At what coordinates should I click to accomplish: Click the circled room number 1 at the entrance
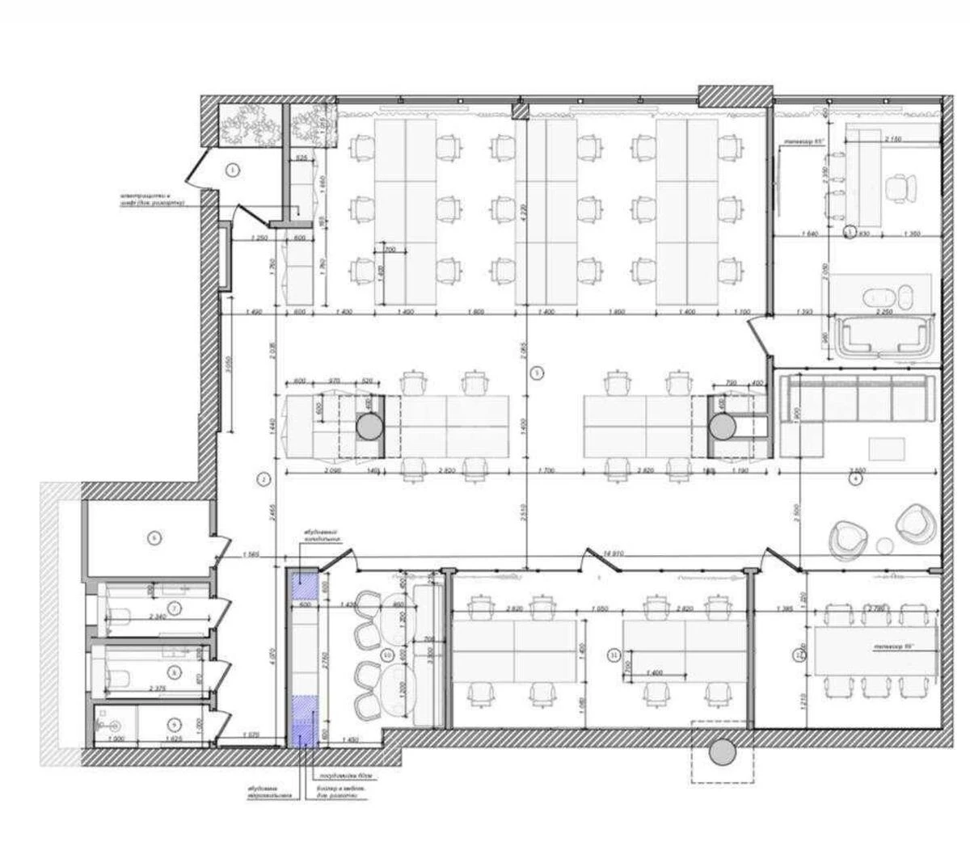coord(233,170)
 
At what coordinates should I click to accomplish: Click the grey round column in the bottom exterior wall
coord(721,753)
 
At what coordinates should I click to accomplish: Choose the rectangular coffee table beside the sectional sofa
coord(888,447)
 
